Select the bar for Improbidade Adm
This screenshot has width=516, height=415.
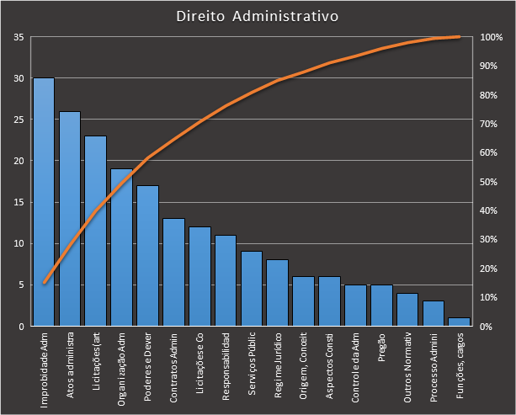pyautogui.click(x=44, y=202)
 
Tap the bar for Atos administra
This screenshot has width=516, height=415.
pyautogui.click(x=70, y=219)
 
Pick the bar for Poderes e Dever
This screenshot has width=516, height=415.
pyautogui.click(x=147, y=256)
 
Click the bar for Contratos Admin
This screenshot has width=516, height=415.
pyautogui.click(x=173, y=272)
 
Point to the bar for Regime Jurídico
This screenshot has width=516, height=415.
pyautogui.click(x=277, y=293)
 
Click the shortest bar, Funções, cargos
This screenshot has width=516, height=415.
pyautogui.click(x=459, y=322)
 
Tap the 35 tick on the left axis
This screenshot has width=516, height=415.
pyautogui.click(x=18, y=37)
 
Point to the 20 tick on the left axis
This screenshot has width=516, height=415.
pyautogui.click(x=18, y=161)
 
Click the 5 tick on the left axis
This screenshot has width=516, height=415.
pyautogui.click(x=20, y=285)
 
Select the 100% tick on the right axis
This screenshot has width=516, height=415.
pyautogui.click(x=491, y=37)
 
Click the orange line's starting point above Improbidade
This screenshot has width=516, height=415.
pyautogui.click(x=44, y=283)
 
